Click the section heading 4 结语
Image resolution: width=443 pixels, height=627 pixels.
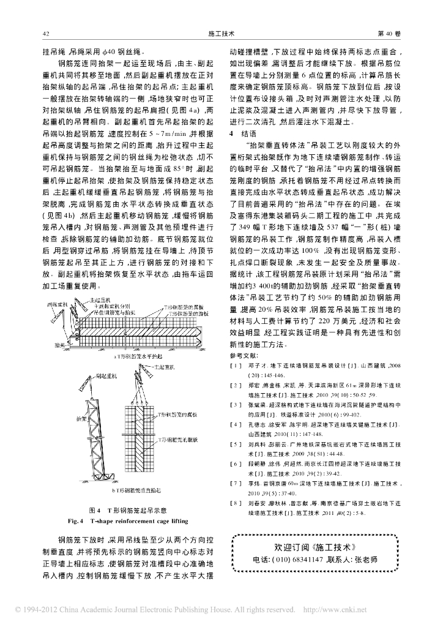point(240,133)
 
